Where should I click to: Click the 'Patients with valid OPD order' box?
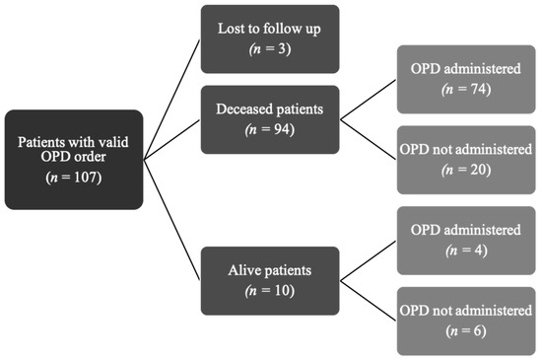point(73,159)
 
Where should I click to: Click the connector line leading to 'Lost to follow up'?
point(172,98)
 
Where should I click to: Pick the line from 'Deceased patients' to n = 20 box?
point(370,140)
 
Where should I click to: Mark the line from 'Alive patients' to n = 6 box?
point(370,301)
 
